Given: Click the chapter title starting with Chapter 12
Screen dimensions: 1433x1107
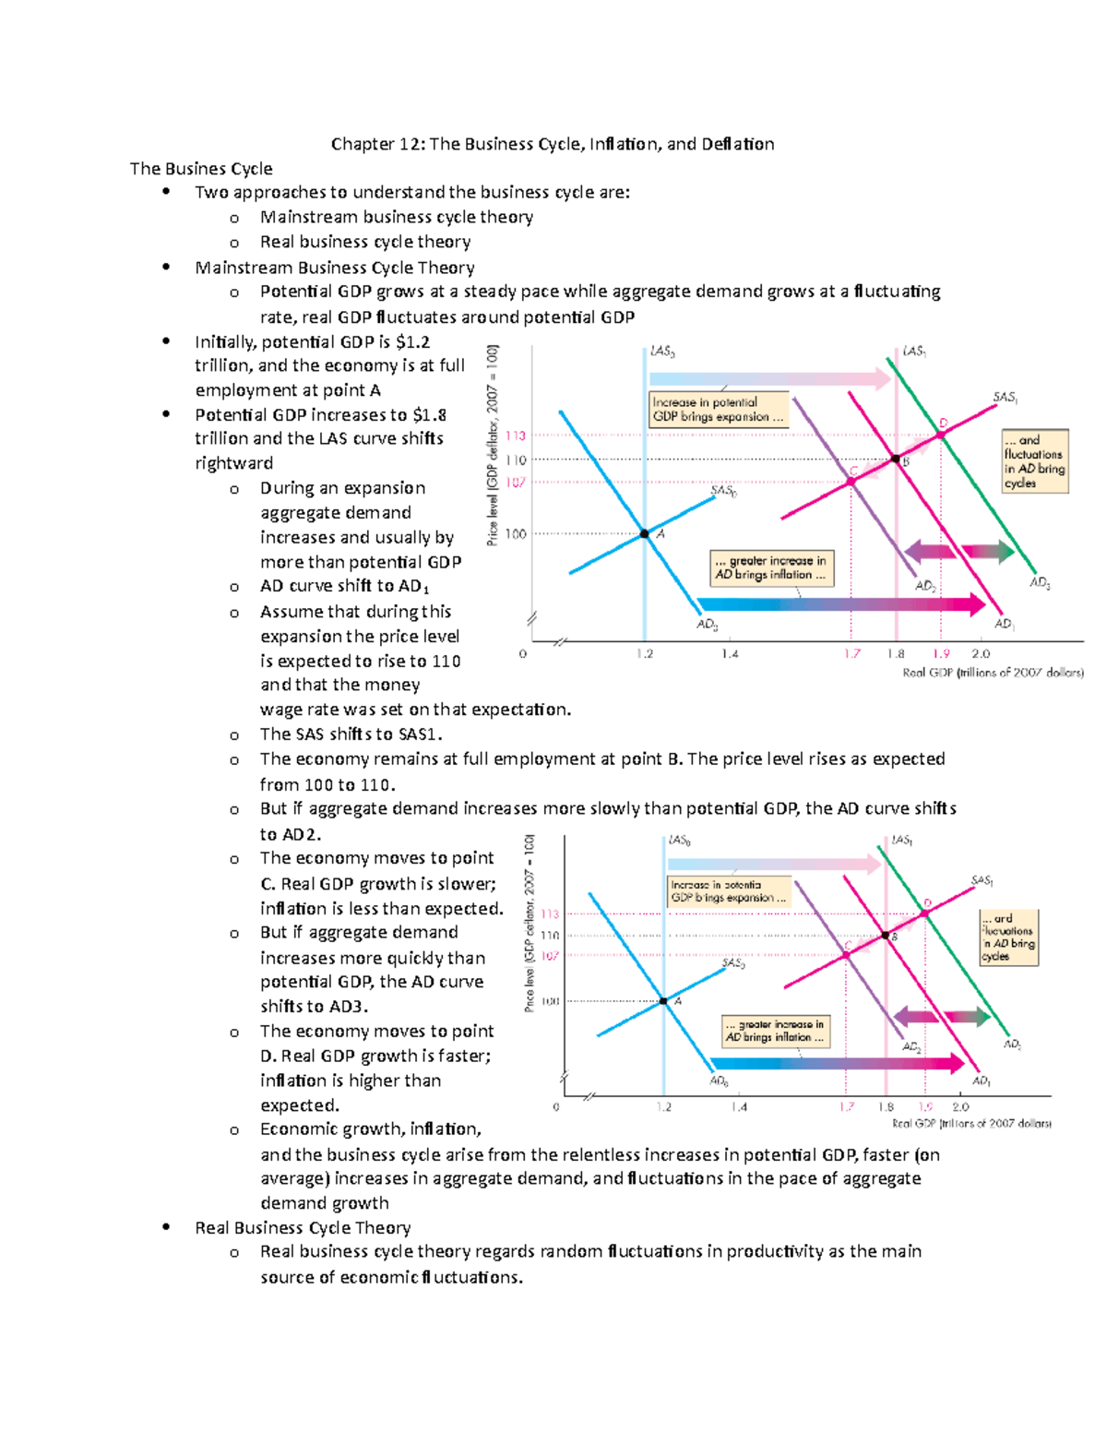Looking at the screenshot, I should click(553, 144).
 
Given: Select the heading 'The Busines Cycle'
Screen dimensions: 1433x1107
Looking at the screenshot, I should click(201, 169).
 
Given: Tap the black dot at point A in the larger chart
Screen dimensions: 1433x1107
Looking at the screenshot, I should click(645, 533).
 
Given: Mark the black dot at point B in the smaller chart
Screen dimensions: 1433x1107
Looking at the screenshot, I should click(886, 936).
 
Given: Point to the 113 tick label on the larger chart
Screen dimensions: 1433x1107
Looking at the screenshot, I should click(515, 436).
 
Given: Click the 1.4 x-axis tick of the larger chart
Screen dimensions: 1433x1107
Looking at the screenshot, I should click(730, 654).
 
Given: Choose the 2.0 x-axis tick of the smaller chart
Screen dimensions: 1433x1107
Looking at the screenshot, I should click(960, 1106).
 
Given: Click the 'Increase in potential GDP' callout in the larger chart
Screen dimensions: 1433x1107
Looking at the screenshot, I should click(719, 410).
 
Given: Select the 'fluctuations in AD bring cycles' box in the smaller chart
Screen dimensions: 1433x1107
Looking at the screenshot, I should click(1009, 937).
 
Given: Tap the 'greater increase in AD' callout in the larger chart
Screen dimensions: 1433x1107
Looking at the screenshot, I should click(770, 567).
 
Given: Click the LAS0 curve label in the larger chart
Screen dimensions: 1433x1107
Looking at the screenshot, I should click(662, 352).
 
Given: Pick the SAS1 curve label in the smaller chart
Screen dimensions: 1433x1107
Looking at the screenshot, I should click(982, 881).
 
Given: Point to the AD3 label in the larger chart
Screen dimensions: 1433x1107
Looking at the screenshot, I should click(1040, 583).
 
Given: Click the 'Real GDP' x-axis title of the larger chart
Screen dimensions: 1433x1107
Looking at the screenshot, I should click(993, 673).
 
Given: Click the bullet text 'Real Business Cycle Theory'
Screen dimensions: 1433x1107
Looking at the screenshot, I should click(303, 1228).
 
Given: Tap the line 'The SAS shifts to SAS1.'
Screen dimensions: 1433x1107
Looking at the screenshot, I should click(351, 734).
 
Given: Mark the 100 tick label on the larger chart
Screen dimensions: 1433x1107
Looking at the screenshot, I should click(515, 533).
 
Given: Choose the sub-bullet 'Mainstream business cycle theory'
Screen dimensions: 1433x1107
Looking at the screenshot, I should click(397, 217).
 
